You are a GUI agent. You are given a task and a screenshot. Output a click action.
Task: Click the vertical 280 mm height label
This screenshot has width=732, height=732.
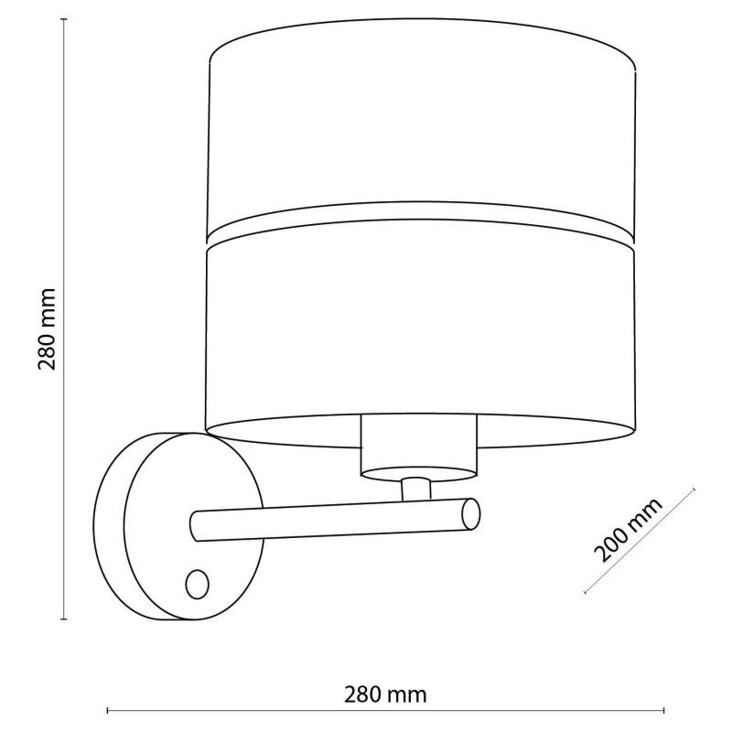(x=47, y=329)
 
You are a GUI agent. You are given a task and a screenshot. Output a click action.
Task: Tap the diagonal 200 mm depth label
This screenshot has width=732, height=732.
(x=629, y=530)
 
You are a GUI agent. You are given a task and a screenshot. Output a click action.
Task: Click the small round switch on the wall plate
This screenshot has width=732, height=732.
(x=197, y=584)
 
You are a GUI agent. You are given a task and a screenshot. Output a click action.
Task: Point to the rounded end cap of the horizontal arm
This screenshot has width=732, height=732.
(x=470, y=514)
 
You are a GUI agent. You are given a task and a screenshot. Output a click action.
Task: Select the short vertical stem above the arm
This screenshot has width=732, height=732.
(x=416, y=489)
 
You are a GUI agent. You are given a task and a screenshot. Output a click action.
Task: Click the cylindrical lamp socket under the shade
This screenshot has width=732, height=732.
(x=419, y=446)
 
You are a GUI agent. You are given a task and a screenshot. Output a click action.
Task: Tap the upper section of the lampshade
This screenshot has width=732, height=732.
(x=422, y=126)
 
